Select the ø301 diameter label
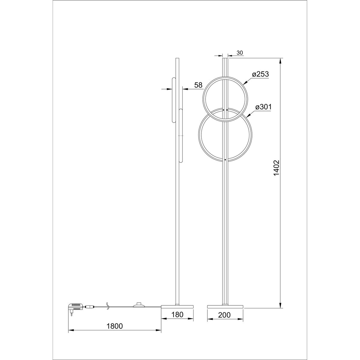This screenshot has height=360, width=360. (263, 107)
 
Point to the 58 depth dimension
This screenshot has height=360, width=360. (198, 85)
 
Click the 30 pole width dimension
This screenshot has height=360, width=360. (240, 53)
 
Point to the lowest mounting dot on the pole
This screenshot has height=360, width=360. (225, 160)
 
